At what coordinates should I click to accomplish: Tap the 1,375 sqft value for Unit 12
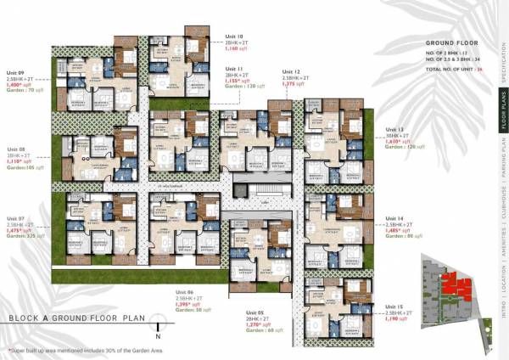point(294,84)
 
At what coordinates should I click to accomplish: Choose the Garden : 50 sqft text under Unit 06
point(197,312)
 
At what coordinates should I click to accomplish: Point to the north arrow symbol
point(157,321)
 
